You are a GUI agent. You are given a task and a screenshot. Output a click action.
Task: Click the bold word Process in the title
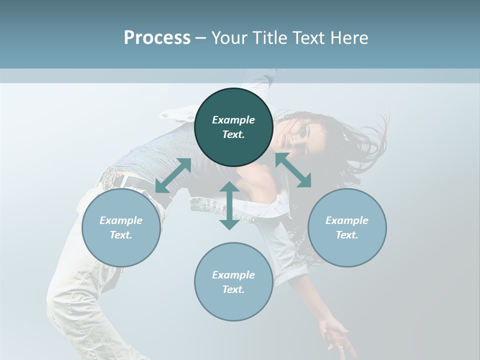click(157, 38)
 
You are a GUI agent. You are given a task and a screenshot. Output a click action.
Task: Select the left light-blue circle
click(121, 227)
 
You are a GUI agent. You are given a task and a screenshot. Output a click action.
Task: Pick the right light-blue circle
click(347, 227)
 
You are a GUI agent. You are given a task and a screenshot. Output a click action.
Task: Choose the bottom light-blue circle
click(233, 282)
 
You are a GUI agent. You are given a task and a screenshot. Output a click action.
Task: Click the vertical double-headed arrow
click(229, 205)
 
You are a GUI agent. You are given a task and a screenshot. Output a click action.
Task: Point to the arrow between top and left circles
click(173, 175)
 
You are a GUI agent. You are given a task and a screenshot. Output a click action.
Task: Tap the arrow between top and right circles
click(293, 170)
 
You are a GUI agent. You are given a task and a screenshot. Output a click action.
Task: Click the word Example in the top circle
click(233, 120)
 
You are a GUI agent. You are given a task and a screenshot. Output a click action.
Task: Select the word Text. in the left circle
click(121, 235)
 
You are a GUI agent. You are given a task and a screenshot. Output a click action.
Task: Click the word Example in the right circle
click(347, 220)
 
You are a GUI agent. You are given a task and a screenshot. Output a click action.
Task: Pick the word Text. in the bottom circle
click(233, 289)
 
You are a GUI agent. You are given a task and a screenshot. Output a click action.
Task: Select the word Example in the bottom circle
click(233, 275)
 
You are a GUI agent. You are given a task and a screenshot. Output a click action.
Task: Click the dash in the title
click(201, 38)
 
